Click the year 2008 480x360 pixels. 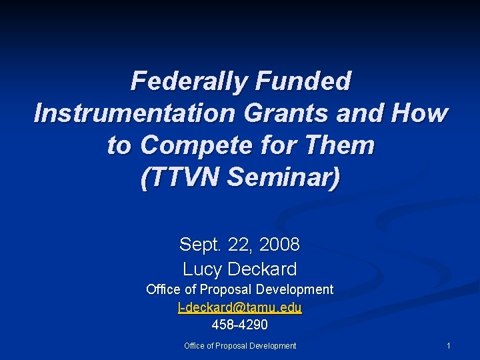coord(280,245)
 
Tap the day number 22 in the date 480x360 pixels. coord(239,245)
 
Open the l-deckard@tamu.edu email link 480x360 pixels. coord(239,307)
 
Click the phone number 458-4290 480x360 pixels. coord(239,325)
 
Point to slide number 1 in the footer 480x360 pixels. coord(449,346)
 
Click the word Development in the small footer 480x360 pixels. coord(275,346)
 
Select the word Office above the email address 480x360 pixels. coord(162,290)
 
